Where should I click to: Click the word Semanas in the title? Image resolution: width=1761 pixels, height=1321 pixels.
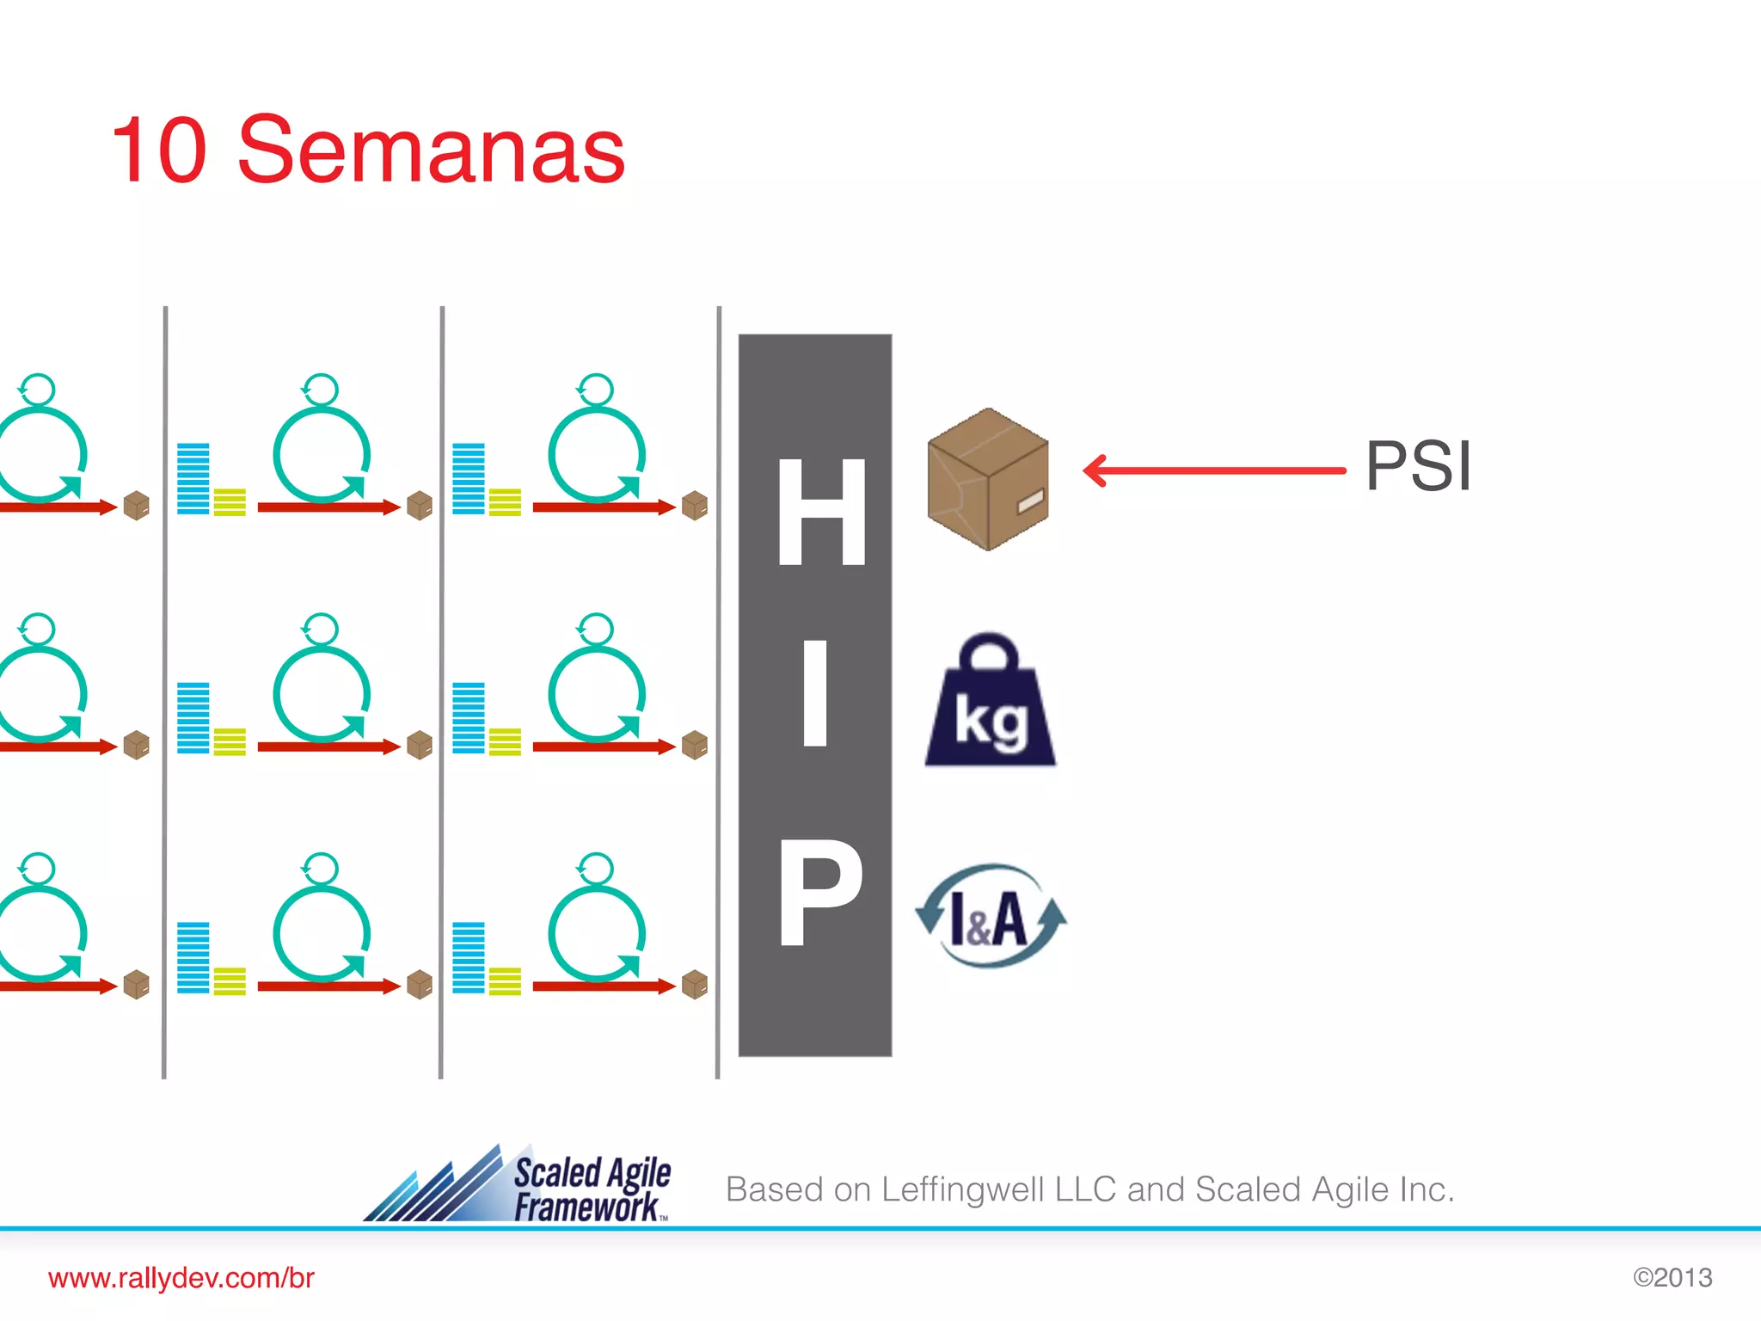pyautogui.click(x=431, y=151)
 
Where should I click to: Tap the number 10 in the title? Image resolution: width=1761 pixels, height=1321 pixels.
pyautogui.click(x=159, y=151)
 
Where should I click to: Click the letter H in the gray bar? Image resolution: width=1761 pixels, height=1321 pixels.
pyautogui.click(x=821, y=511)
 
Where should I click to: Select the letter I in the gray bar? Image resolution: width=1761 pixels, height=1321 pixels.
pyautogui.click(x=815, y=693)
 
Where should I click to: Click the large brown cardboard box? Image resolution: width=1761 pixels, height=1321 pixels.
pyautogui.click(x=988, y=479)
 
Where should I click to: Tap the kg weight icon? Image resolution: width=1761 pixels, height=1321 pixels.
pyautogui.click(x=991, y=702)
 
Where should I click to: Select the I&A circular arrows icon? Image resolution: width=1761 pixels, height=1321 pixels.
pyautogui.click(x=991, y=917)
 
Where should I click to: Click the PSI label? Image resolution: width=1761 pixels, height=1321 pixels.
pyautogui.click(x=1418, y=467)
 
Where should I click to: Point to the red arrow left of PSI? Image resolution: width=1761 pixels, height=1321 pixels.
pyautogui.click(x=1213, y=470)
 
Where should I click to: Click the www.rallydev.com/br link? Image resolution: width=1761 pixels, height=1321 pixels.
pyautogui.click(x=181, y=1278)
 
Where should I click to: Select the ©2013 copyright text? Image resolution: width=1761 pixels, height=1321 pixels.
pyautogui.click(x=1672, y=1278)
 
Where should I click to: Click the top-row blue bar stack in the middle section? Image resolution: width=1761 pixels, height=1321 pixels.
pyautogui.click(x=193, y=479)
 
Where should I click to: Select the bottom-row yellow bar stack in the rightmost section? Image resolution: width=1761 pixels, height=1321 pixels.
pyautogui.click(x=505, y=980)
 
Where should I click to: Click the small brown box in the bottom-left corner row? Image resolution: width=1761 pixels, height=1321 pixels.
pyautogui.click(x=137, y=985)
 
